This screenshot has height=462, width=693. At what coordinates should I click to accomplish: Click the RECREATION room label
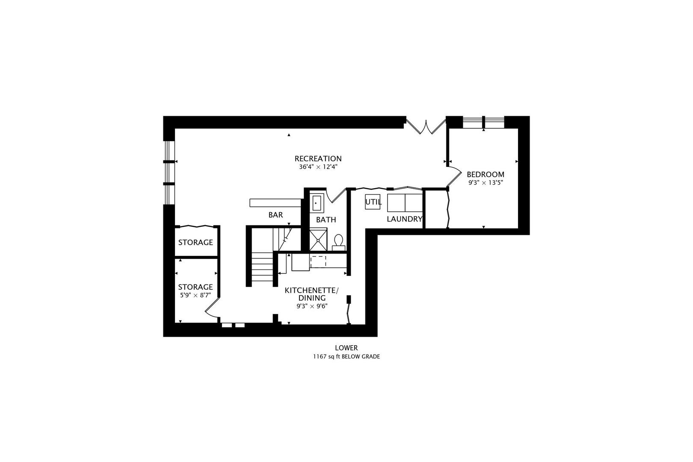[318, 159]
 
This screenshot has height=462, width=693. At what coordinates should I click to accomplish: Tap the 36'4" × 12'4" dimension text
[318, 167]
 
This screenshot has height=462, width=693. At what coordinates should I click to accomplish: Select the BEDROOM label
[485, 175]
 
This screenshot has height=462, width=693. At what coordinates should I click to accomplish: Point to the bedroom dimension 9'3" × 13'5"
[485, 183]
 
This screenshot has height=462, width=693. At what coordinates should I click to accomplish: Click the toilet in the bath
[339, 242]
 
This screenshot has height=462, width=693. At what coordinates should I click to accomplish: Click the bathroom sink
[316, 203]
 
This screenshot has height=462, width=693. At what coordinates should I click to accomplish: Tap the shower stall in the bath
[318, 240]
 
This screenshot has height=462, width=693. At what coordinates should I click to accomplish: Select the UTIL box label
[373, 202]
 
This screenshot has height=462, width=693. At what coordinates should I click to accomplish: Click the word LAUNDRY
[404, 219]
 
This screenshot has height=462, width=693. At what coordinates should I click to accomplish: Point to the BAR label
[275, 215]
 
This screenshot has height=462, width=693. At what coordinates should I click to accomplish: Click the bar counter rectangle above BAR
[275, 202]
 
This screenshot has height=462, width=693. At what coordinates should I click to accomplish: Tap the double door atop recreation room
[426, 127]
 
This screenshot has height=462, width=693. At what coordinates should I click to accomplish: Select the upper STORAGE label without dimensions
[195, 243]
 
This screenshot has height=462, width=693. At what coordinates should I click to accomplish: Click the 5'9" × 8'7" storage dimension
[195, 295]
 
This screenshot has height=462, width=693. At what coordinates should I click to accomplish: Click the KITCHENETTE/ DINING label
[311, 294]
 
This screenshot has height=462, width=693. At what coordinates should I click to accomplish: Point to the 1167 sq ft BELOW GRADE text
[346, 356]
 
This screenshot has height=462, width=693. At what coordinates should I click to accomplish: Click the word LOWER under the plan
[346, 348]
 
